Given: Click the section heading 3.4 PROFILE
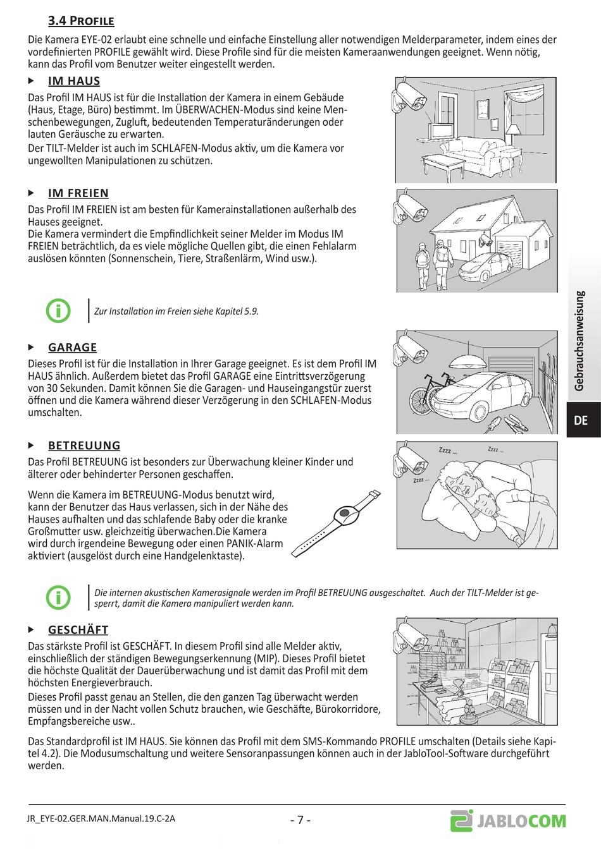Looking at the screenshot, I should (x=81, y=21).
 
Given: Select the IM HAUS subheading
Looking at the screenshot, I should (x=74, y=81).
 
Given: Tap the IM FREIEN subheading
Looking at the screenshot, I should (x=78, y=193).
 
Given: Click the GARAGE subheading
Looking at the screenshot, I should (x=73, y=348).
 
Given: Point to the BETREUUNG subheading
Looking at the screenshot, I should (x=84, y=446).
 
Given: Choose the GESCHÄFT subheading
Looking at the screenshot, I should (x=78, y=630).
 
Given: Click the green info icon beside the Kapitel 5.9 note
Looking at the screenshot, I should (x=58, y=310).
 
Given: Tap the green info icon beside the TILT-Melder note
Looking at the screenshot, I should (x=58, y=597).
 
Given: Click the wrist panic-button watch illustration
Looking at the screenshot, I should (x=337, y=523).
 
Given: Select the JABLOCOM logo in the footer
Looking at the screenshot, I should (x=509, y=821).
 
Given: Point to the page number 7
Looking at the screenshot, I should (x=300, y=820).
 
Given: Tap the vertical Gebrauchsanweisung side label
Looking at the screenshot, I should (x=579, y=341).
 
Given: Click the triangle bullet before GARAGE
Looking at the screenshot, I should (x=31, y=348).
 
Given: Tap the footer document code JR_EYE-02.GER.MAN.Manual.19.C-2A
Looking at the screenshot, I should (x=101, y=818).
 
